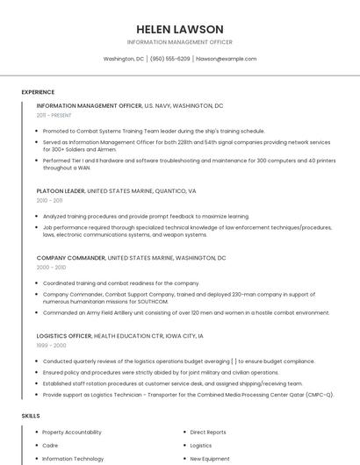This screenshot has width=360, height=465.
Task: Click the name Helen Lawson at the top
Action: click(180, 29)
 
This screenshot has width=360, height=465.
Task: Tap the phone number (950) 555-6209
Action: click(169, 59)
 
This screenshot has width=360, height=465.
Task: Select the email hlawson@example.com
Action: click(226, 59)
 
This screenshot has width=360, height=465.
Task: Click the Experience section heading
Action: click(38, 92)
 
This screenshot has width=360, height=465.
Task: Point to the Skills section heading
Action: click(31, 415)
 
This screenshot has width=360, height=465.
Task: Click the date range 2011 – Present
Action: click(54, 115)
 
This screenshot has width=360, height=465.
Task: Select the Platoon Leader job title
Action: click(61, 190)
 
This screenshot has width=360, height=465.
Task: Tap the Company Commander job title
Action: click(70, 258)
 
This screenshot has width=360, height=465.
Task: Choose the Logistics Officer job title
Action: click(64, 335)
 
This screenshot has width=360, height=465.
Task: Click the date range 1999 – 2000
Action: click(51, 345)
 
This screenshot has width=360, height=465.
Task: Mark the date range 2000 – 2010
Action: click(51, 268)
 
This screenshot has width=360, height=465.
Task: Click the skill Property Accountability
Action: click(72, 432)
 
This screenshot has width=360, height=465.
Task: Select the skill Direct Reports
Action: click(208, 432)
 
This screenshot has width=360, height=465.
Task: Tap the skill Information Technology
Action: click(73, 458)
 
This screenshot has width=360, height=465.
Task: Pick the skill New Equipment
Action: click(210, 458)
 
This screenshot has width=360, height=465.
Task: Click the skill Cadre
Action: click(50, 445)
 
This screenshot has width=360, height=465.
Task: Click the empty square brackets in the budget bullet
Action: click(234, 361)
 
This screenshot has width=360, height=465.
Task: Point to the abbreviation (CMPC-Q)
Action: click(318, 395)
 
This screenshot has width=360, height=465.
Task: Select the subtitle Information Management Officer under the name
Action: click(180, 42)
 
